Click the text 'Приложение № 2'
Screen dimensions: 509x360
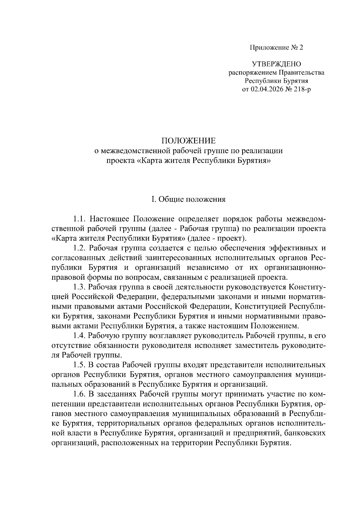click(277, 48)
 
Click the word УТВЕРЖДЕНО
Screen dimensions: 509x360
click(276, 64)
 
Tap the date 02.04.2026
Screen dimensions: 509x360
click(265, 89)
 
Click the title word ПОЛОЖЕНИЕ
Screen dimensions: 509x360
click(189, 141)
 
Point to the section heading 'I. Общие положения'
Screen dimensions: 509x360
click(189, 199)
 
